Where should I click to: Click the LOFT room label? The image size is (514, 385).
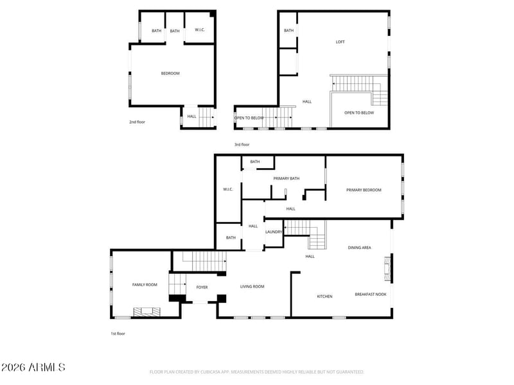tap(341, 42)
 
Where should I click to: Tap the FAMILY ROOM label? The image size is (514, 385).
tap(145, 284)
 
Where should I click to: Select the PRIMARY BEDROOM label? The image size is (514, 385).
tap(364, 190)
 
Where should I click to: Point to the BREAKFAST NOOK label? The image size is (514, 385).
tap(371, 295)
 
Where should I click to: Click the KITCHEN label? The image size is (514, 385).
tap(324, 296)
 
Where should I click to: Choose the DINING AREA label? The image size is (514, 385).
tap(359, 248)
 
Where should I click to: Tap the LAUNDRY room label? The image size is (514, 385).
tap(274, 232)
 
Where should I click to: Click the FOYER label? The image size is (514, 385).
tap(202, 287)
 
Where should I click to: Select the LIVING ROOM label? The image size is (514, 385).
tap(252, 287)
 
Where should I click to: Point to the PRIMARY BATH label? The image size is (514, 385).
tap(287, 178)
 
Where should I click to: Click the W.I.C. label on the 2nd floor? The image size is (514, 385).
tap(199, 30)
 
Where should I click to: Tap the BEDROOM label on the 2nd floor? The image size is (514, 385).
tap(170, 73)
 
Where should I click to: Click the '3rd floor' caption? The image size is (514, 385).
tap(242, 145)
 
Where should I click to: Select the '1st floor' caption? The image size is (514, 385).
tap(118, 334)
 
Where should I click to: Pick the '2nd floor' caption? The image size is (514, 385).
tap(137, 121)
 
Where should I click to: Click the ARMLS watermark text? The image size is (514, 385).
tap(33, 368)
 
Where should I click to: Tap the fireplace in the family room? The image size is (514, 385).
tap(146, 312)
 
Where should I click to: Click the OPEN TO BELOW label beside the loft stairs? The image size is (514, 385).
tap(359, 113)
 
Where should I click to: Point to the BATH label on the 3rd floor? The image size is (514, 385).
tap(288, 30)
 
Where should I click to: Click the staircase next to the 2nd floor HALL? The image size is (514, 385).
tap(206, 117)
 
